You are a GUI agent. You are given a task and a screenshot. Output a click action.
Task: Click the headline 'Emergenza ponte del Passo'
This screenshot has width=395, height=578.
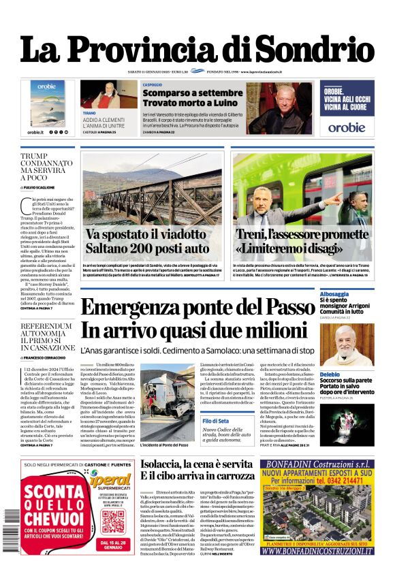tap(197, 307)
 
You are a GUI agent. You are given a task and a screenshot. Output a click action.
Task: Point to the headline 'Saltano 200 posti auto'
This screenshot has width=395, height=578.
tap(148, 248)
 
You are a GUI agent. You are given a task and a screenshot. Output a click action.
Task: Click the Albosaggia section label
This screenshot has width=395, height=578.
tap(355, 293)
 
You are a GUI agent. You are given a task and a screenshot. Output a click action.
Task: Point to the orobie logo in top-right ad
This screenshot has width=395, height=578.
tap(346, 127)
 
